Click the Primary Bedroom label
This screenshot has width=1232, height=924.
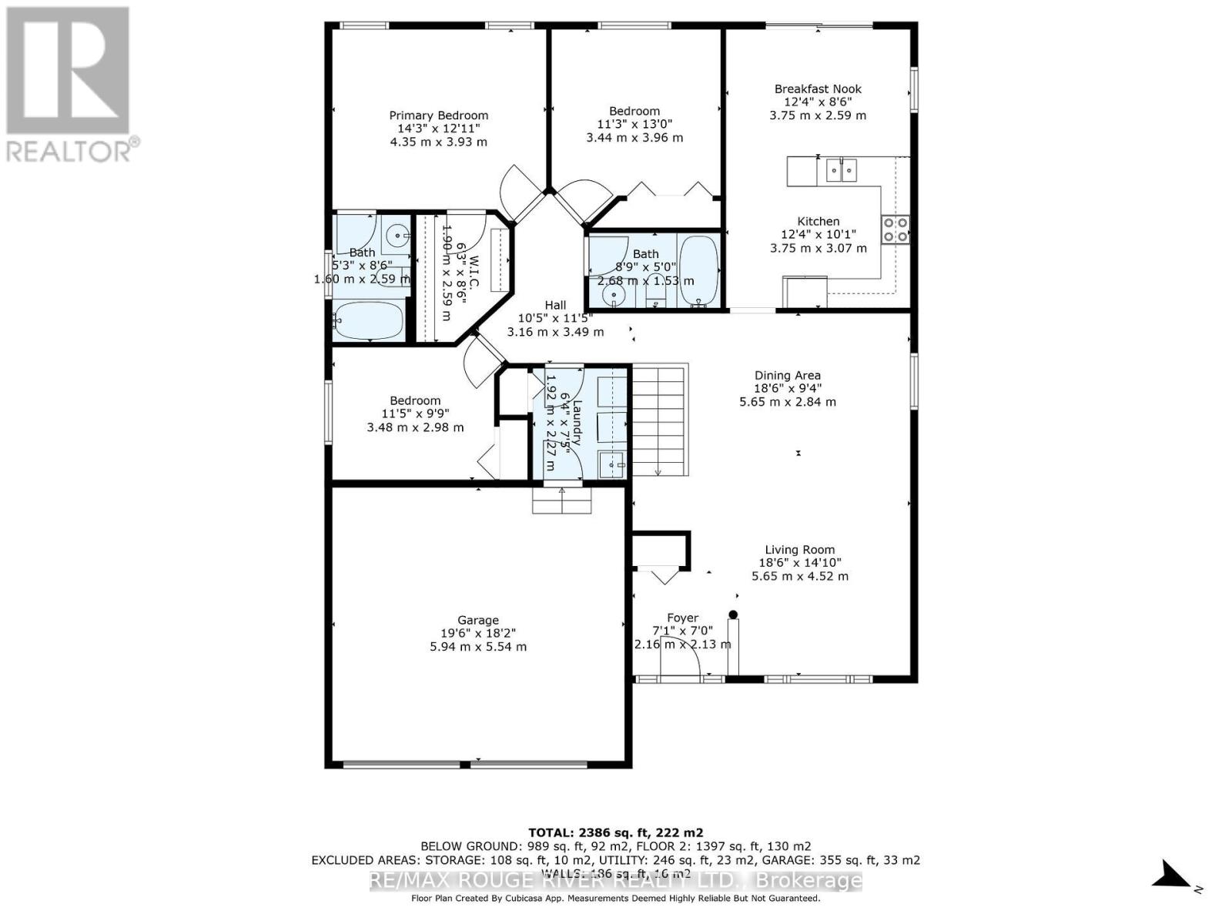(x=438, y=115)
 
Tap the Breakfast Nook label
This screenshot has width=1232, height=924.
(x=818, y=89)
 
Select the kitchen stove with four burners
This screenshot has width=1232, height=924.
(x=896, y=229)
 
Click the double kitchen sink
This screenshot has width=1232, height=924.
(x=841, y=169)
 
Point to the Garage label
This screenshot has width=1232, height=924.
(x=478, y=620)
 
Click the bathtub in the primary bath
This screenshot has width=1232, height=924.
(x=368, y=320)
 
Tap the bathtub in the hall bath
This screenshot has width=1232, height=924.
(x=699, y=271)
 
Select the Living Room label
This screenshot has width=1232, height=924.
(x=799, y=550)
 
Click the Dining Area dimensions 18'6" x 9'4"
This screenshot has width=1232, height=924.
(x=787, y=389)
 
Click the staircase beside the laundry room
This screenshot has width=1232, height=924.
(x=659, y=420)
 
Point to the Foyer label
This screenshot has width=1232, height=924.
(x=682, y=618)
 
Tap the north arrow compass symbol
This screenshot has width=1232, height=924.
(x=1171, y=876)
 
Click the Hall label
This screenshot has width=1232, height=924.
(x=555, y=306)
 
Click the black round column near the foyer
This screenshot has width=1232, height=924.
(x=733, y=614)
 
